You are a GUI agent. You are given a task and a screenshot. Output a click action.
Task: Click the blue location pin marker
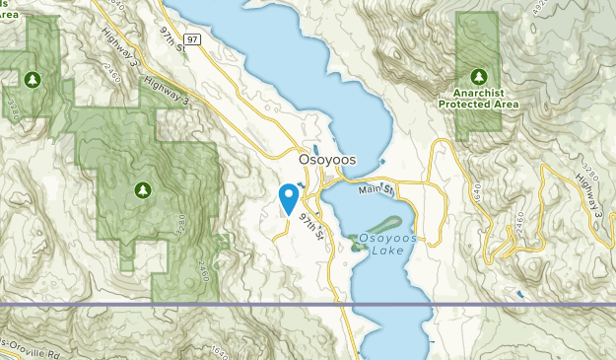click(x=289, y=198)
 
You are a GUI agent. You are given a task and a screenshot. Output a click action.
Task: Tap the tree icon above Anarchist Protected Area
click(x=480, y=76)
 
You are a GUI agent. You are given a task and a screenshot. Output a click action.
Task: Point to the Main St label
click(x=375, y=187)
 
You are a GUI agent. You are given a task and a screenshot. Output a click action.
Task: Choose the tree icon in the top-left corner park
click(x=32, y=78)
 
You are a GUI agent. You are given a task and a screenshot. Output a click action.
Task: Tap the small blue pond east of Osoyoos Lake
click(x=519, y=293)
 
